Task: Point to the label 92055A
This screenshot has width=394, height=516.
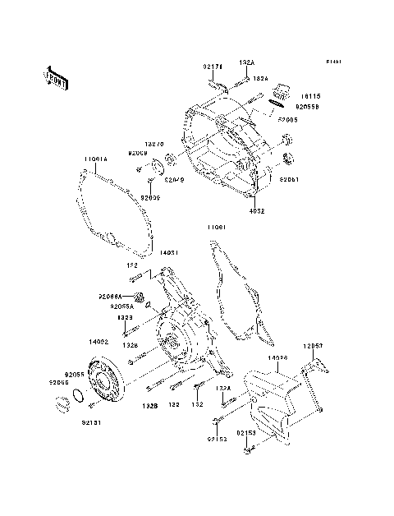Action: click(x=123, y=305)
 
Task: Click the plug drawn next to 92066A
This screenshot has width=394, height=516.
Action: click(x=140, y=296)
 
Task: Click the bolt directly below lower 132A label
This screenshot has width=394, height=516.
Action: click(x=229, y=400)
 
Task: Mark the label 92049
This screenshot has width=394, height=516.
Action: click(x=175, y=179)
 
